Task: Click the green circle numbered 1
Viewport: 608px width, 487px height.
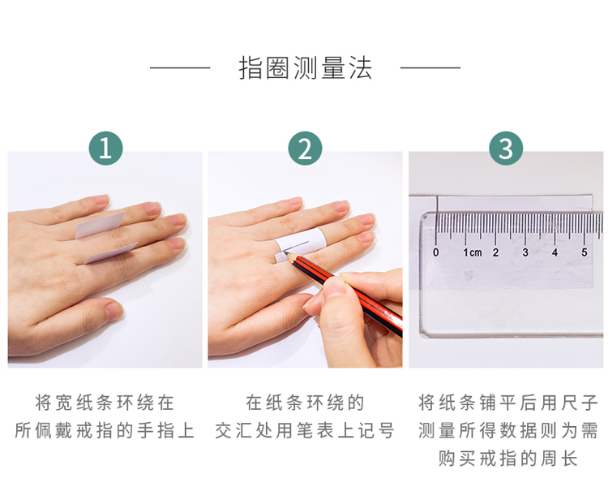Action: point(106,149)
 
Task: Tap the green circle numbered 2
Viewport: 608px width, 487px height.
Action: point(305,149)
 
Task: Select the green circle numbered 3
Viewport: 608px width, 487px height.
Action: point(506,149)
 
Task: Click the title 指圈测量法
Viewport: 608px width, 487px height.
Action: point(305,68)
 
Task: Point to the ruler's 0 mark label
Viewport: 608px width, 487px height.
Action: point(436,252)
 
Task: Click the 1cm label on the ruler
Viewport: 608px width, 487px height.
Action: point(473,252)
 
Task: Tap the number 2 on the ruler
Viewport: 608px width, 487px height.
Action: point(495,252)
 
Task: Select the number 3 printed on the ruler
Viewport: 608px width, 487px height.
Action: point(525,252)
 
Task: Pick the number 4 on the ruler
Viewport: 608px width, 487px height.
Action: point(554,252)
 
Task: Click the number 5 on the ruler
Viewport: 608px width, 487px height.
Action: point(584,252)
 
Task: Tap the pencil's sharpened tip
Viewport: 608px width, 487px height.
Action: point(286,252)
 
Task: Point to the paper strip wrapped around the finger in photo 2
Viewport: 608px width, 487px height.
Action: point(299,244)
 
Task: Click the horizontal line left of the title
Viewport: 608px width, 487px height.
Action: point(180,68)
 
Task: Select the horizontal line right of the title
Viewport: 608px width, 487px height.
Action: point(430,68)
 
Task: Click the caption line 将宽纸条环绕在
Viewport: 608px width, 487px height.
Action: point(105,403)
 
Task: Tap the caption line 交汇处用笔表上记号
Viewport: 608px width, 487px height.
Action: point(305,430)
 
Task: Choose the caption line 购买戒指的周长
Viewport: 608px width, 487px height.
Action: point(508,459)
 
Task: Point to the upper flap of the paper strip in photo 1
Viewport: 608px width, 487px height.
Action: point(101,225)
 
